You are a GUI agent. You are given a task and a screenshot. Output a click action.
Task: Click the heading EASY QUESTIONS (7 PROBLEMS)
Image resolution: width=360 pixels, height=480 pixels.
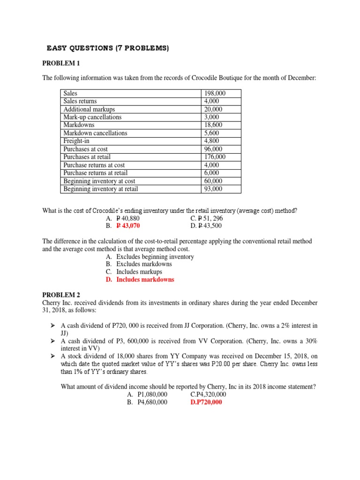(x=107, y=48)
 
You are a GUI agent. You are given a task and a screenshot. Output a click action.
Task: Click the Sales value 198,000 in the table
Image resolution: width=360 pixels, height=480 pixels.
(x=215, y=93)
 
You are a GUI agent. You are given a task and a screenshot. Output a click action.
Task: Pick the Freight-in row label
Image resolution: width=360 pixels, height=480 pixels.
(x=79, y=141)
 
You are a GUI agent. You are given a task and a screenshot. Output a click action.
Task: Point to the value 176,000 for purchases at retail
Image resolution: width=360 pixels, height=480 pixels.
(x=215, y=157)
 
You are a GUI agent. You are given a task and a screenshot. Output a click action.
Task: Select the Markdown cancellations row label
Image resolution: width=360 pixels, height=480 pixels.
(x=95, y=133)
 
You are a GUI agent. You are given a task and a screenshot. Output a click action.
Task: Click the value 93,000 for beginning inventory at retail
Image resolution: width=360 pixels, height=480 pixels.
(x=213, y=189)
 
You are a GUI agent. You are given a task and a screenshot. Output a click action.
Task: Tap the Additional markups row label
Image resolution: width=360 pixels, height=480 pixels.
(x=89, y=109)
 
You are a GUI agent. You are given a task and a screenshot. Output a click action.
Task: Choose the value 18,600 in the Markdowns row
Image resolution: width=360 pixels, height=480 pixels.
(x=213, y=125)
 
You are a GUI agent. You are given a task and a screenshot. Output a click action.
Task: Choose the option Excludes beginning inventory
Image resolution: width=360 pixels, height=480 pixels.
(x=155, y=257)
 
